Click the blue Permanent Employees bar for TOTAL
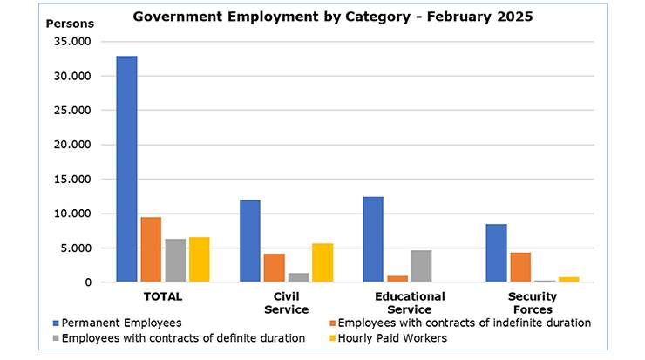pyautogui.click(x=126, y=169)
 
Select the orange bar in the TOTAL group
pyautogui.click(x=151, y=249)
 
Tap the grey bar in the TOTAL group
pyautogui.click(x=175, y=261)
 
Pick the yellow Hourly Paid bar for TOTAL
pyautogui.click(x=199, y=260)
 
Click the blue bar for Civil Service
pyautogui.click(x=250, y=241)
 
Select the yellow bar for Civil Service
pyautogui.click(x=322, y=262)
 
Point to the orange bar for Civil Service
pyautogui.click(x=275, y=268)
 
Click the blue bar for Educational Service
pyautogui.click(x=373, y=240)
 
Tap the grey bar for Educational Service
pyautogui.click(x=421, y=266)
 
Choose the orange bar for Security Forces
pyautogui.click(x=520, y=267)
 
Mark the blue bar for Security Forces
pyautogui.click(x=496, y=253)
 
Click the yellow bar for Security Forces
pyautogui.click(x=568, y=279)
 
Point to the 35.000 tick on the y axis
pyautogui.click(x=74, y=42)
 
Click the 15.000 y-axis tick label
pyautogui.click(x=74, y=180)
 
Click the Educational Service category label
pyautogui.click(x=410, y=302)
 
